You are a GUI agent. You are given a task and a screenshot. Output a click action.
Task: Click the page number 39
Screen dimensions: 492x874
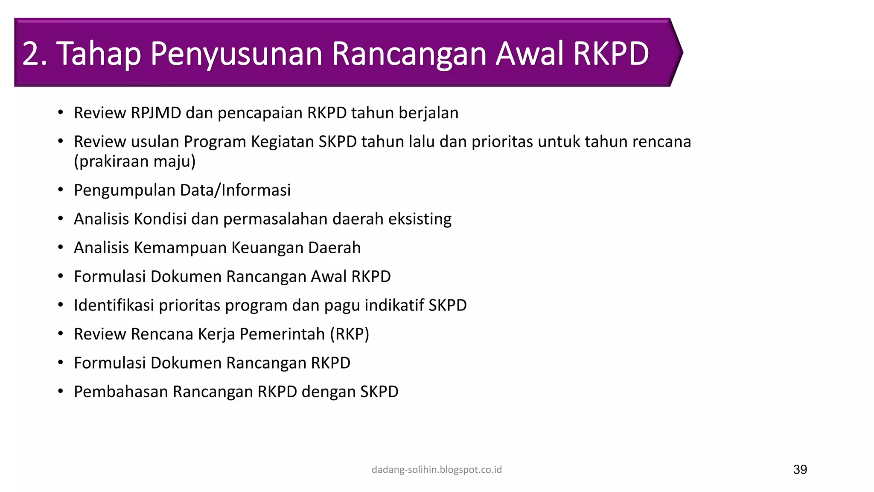point(800,469)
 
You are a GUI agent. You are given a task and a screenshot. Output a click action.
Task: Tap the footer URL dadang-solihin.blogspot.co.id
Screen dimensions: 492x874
point(437,470)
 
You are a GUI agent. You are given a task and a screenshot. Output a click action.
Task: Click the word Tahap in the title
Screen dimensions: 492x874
point(99,54)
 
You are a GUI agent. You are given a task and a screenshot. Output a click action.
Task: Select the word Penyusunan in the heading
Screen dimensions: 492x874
point(236,54)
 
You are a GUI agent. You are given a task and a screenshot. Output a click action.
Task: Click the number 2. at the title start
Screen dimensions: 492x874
point(34,54)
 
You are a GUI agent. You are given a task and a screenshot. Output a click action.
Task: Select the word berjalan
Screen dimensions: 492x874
point(428,113)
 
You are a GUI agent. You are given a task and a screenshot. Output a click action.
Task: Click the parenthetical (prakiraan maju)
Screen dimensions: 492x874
point(135,161)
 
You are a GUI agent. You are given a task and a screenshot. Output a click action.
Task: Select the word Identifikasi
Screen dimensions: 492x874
point(114,305)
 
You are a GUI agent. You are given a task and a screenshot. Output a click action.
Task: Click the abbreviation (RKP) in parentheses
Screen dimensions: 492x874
point(350,334)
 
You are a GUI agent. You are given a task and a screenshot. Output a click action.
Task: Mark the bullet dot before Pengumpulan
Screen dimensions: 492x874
point(61,190)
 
